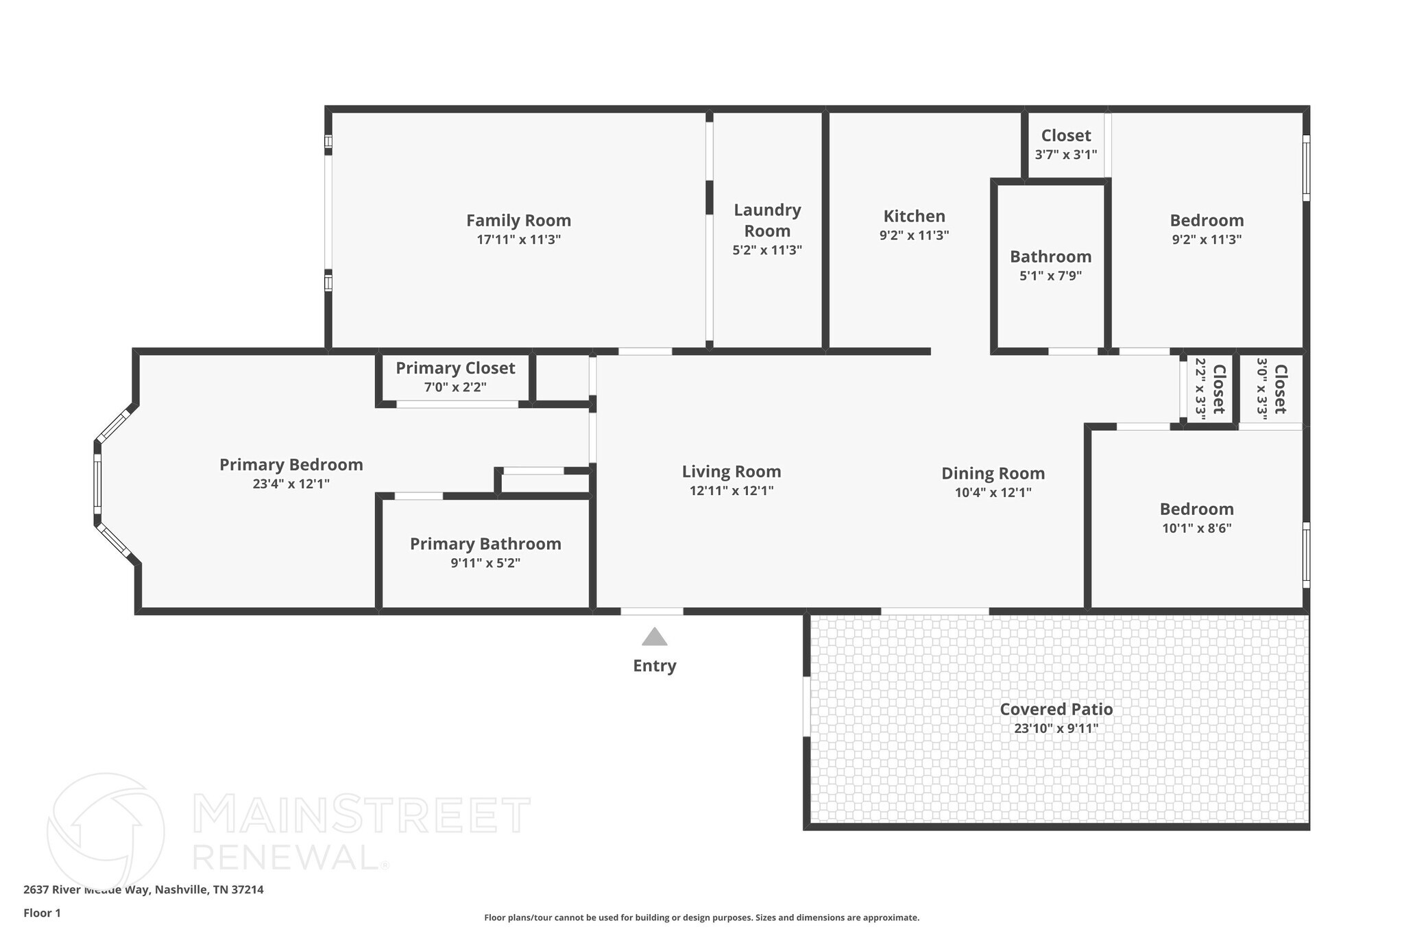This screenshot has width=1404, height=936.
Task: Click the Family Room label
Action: pos(518,221)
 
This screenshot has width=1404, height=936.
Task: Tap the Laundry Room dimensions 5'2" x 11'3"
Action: pos(767,250)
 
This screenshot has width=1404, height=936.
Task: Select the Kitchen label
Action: pos(914,217)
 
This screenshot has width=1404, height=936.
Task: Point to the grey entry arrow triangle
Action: pos(654,637)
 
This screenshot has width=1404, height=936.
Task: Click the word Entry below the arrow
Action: pos(654,666)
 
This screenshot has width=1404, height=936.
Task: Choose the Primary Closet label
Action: pos(455,368)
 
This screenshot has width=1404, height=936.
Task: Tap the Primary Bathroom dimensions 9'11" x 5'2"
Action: pos(485,563)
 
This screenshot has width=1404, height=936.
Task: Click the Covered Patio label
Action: pos(1056,709)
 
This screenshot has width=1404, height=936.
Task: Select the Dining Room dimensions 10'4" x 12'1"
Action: pos(993,492)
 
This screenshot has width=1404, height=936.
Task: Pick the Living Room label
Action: pos(731,472)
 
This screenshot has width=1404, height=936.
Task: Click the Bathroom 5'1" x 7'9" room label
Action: pos(1050,257)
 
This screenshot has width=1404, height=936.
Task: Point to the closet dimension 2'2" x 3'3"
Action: pos(1200,388)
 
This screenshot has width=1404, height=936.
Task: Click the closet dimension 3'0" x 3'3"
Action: pos(1261,388)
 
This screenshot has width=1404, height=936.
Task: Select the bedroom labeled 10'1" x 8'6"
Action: pos(1196,509)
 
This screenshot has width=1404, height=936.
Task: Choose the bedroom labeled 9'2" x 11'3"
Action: pos(1207,221)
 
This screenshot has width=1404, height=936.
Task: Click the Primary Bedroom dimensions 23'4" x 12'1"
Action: pos(291,484)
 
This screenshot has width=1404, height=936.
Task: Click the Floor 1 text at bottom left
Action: pos(42,913)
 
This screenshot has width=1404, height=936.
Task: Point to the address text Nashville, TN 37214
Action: pos(209,890)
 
